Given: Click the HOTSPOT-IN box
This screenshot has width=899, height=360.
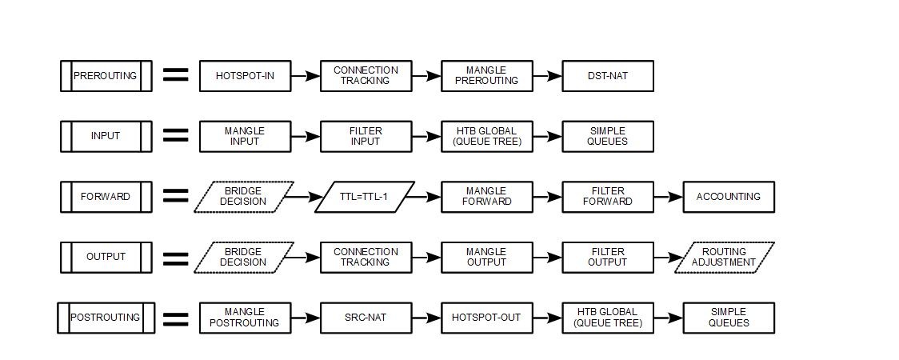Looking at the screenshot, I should coord(245,76).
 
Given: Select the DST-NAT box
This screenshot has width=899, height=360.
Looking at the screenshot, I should coord(608,76).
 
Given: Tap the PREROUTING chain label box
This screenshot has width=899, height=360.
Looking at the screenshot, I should coord(106,76).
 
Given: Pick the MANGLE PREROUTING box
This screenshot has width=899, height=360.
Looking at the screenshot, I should coord(486,76).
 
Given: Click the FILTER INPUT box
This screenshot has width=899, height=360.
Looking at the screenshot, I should coord(366,136).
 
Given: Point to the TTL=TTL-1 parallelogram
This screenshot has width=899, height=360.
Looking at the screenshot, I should coord(365,197).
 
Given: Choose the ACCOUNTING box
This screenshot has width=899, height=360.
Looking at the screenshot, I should coord(729,197).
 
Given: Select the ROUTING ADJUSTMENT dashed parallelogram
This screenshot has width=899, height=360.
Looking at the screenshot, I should coord(724,258).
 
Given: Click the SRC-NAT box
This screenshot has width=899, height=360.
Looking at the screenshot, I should coord(366,318).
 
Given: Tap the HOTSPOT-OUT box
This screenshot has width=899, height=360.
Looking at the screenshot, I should coord(486,318).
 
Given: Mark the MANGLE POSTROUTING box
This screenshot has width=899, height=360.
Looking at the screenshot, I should coord(245,318).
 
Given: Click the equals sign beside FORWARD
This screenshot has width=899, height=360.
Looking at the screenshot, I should coord(176,197).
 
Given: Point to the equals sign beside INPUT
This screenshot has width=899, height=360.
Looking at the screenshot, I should coord(176,136).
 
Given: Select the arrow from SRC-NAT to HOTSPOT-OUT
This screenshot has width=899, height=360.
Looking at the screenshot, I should coord(426,318).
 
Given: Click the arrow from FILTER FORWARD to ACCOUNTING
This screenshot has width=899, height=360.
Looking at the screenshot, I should coord(668,197).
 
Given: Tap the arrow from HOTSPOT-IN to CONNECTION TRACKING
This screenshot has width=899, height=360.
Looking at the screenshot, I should coord(306,76).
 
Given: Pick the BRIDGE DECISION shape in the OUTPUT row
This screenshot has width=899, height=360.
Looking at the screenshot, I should coord(244,258).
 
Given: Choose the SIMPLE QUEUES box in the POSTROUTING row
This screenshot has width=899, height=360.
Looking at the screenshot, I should coord(729,318).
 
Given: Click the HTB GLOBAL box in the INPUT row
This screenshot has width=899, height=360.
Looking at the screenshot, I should coord(486,136).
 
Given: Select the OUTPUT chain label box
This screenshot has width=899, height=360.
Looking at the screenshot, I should coord(106,258).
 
